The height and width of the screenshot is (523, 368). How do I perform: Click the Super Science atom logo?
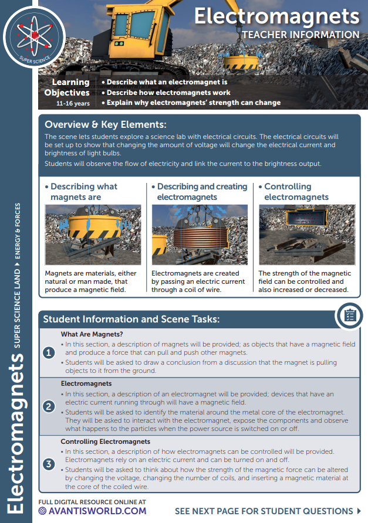pyautogui.click(x=34, y=36)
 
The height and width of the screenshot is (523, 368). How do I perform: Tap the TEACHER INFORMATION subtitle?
pyautogui.click(x=301, y=35)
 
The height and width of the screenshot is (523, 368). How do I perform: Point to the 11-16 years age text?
pyautogui.click(x=73, y=103)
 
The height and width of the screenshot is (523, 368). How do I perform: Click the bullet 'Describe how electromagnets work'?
pyautogui.click(x=168, y=92)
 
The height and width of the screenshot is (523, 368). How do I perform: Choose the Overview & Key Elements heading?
pyautogui.click(x=106, y=124)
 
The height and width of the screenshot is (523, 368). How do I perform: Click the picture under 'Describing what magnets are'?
pyautogui.click(x=93, y=235)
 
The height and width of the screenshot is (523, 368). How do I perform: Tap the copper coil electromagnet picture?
pyautogui.click(x=200, y=235)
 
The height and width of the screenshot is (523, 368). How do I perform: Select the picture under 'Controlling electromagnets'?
pyautogui.click(x=307, y=235)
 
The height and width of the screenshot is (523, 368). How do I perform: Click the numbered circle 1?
pyautogui.click(x=49, y=352)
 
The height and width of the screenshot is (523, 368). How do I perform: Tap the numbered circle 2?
pyautogui.click(x=49, y=406)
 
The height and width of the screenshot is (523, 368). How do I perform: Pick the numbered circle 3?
pyautogui.click(x=49, y=464)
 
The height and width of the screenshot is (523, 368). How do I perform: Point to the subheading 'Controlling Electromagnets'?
pyautogui.click(x=106, y=442)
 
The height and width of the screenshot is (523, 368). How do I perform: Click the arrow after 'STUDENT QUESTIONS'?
pyautogui.click(x=359, y=511)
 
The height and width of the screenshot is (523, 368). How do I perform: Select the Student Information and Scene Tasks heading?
pyautogui.click(x=131, y=319)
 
